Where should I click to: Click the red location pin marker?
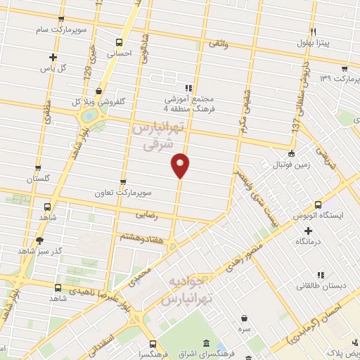point(181,165)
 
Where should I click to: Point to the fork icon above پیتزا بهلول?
point(314,32)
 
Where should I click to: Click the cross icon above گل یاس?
point(53,57)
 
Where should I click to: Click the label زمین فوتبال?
point(288,166)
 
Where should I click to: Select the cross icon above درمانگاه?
point(307,231)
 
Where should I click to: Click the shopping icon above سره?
point(243,318)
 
